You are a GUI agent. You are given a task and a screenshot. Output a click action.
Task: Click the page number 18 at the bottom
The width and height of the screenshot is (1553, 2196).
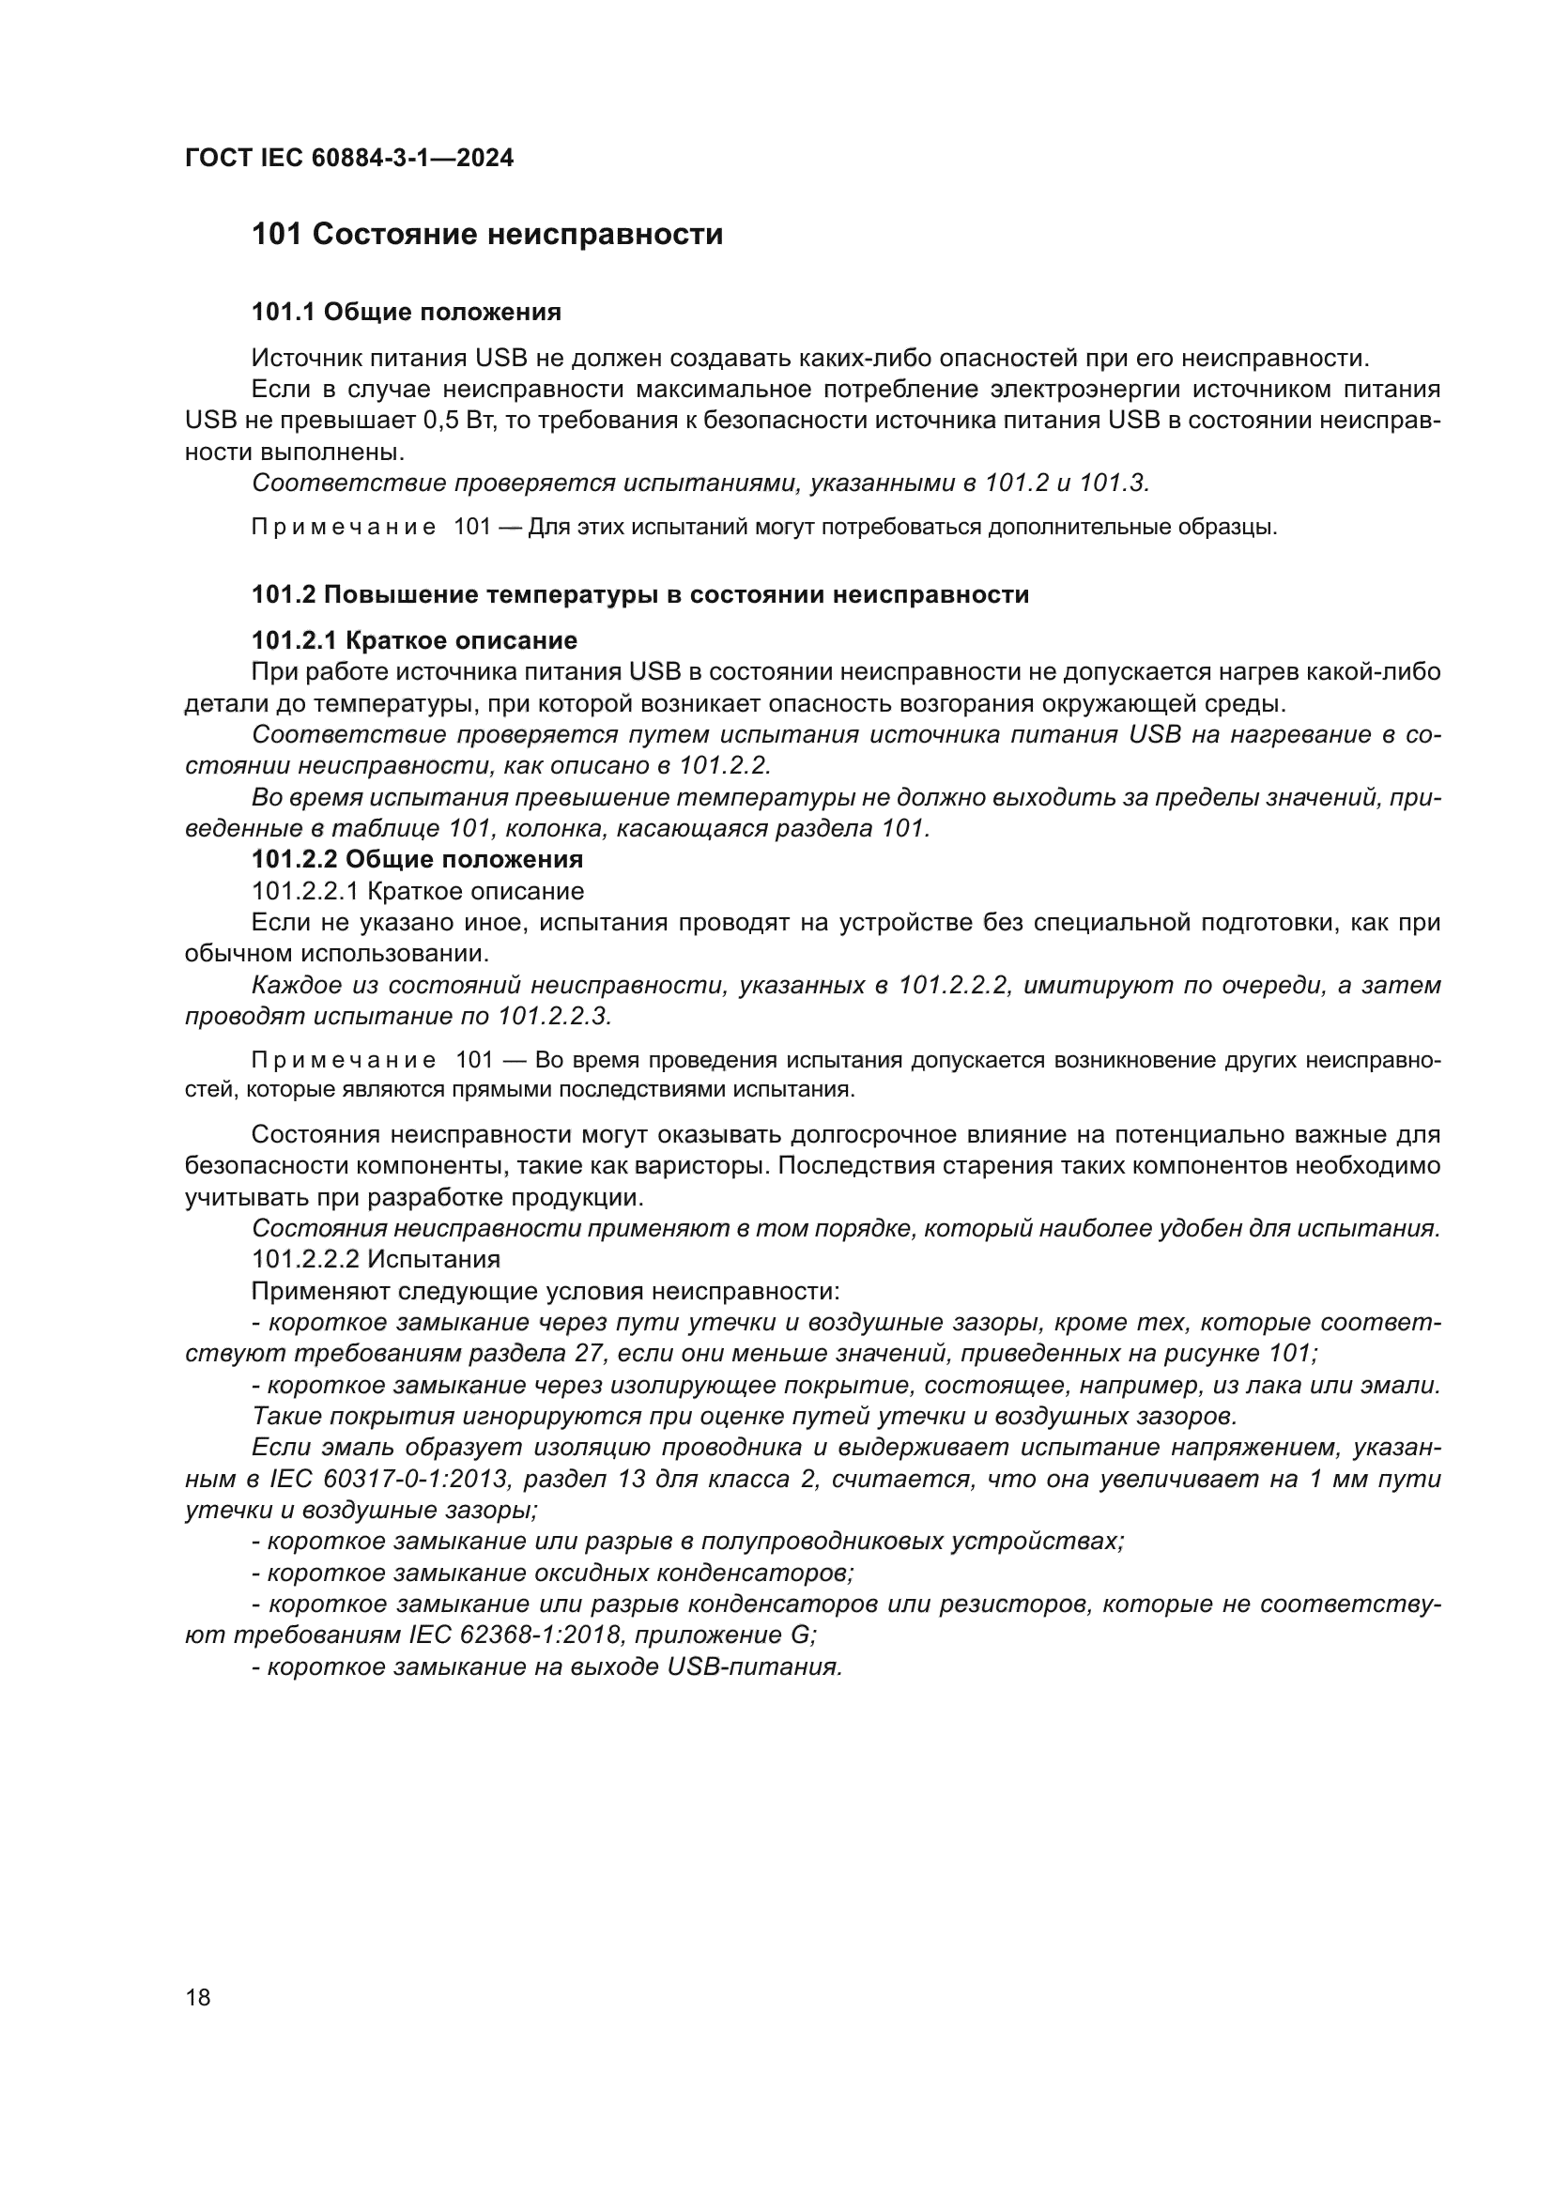198,1997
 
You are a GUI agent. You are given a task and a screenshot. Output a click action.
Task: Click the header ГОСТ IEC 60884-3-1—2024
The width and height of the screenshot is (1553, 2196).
349,158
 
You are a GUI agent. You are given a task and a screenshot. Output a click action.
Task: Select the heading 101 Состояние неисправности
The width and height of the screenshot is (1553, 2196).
486,235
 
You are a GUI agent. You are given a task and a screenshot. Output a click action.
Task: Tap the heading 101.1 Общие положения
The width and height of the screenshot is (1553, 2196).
406,312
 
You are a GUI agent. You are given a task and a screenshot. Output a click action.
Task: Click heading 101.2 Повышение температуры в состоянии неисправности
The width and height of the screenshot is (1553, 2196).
639,595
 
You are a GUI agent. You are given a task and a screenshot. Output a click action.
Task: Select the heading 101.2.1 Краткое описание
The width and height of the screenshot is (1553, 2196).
414,640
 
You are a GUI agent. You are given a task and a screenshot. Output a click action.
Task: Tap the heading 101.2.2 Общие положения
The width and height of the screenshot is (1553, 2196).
417,859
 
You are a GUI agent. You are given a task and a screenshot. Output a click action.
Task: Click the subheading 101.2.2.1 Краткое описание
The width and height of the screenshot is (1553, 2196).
417,891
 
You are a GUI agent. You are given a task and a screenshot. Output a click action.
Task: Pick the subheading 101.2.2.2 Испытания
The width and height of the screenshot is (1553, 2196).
376,1260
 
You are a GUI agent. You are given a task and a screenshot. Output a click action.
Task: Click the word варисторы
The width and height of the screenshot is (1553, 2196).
784,1166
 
